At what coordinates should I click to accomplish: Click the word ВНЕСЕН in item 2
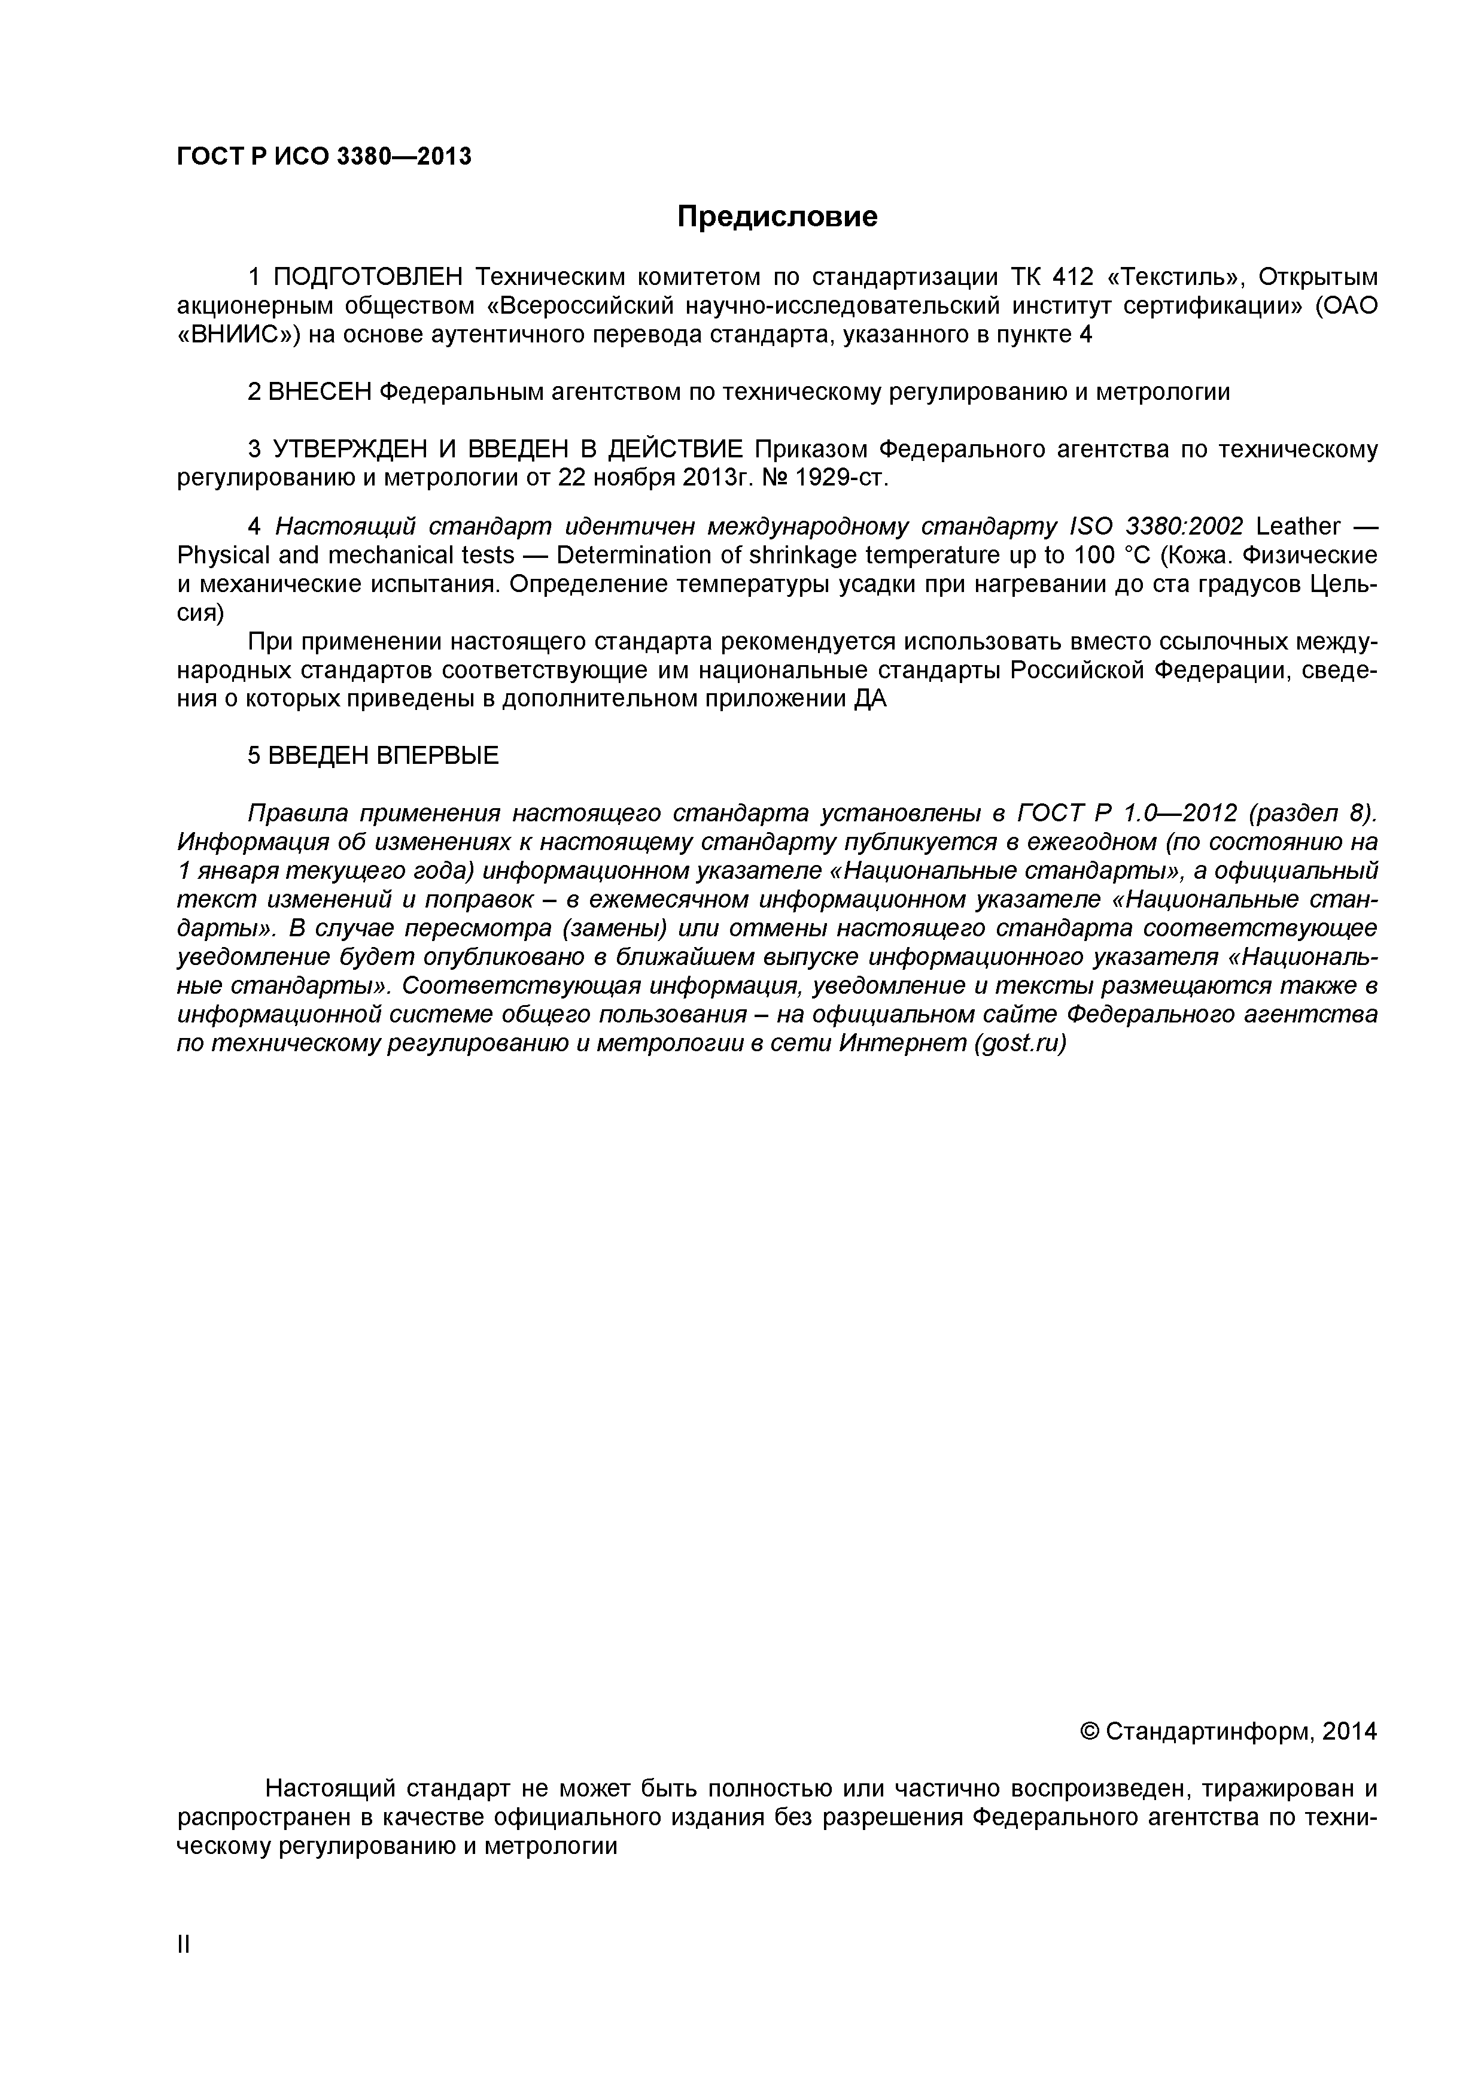tap(320, 392)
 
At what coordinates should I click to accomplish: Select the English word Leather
tap(1298, 527)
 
